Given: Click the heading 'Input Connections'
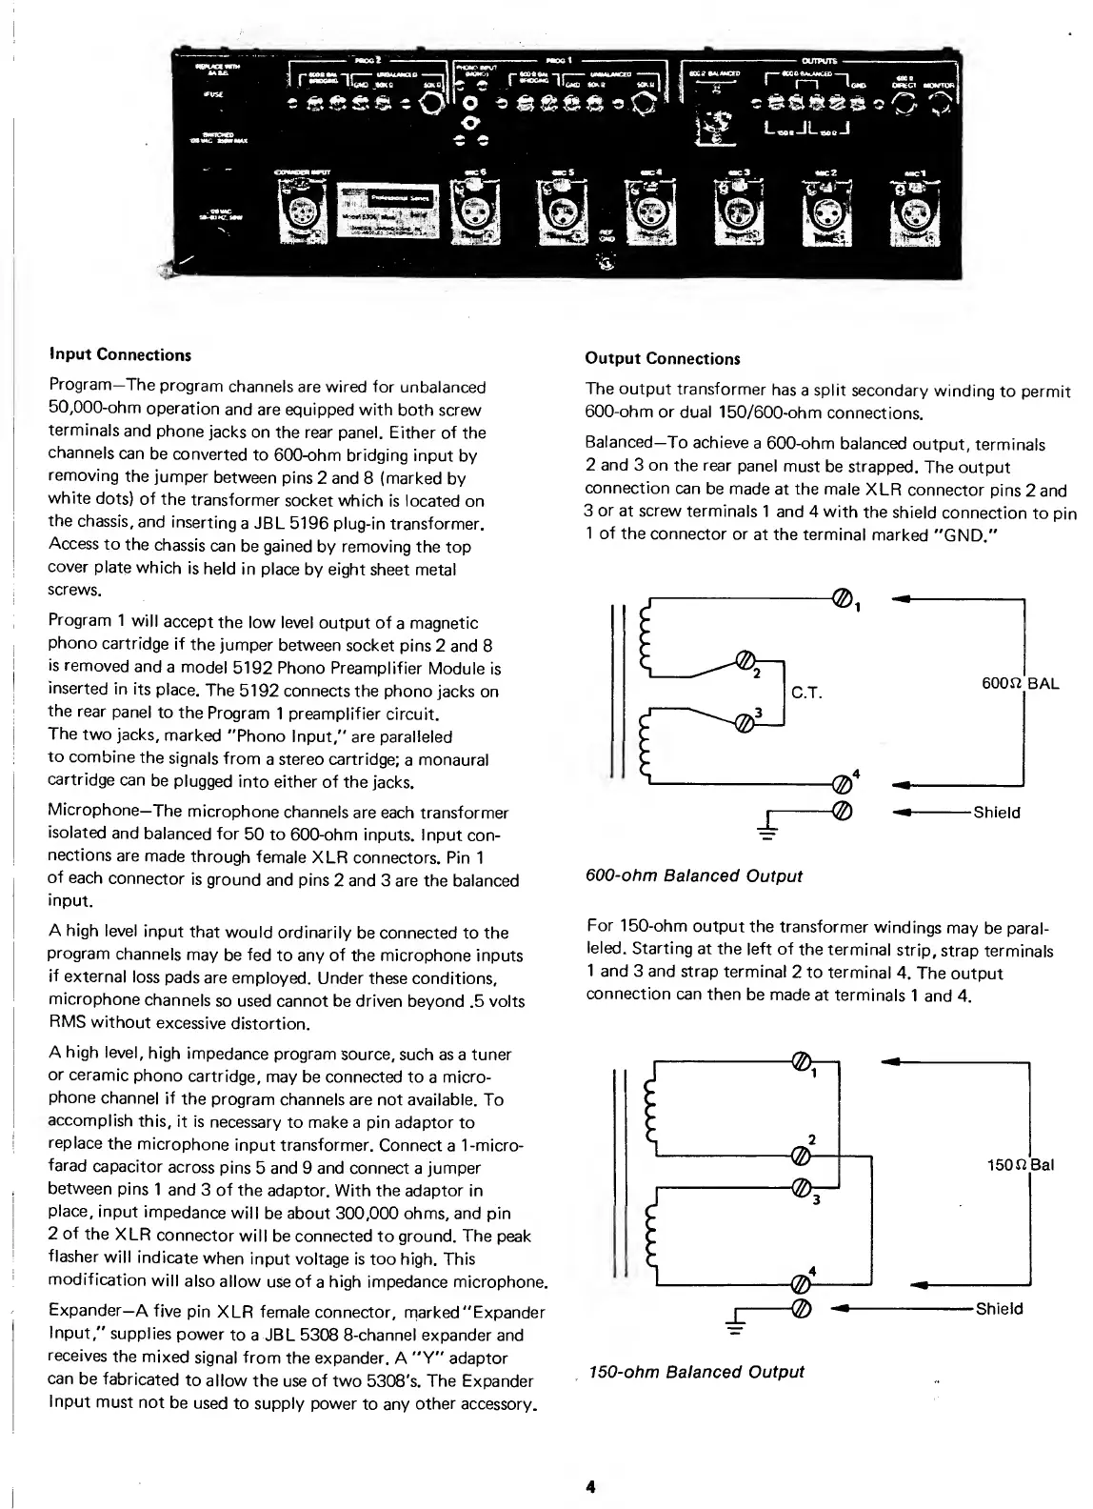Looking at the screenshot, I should point(120,355).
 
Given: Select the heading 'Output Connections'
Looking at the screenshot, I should point(663,359).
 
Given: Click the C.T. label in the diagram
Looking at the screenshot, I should point(806,694).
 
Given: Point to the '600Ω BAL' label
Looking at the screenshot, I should point(1021,684).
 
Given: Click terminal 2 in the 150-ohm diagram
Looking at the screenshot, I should point(802,1157).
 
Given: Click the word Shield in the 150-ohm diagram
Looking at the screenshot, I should point(999,1309).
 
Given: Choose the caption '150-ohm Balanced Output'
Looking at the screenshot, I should point(697,1372).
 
